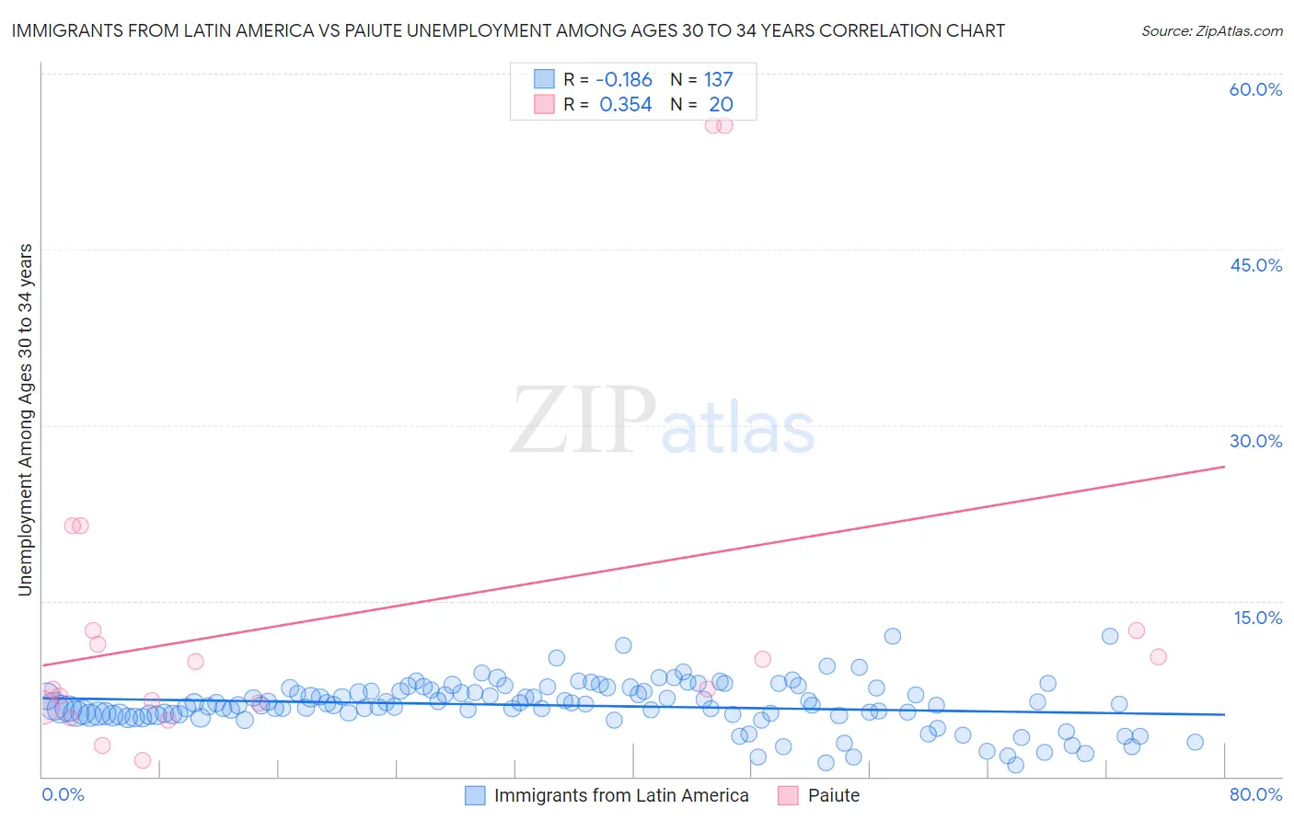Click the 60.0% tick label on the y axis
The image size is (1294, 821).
pos(1255,89)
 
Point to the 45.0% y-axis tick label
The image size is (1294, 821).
pos(1255,265)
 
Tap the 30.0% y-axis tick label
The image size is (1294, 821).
pos(1255,441)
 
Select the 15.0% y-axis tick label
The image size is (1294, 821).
pos(1257,618)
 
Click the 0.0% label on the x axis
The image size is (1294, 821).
pos(63,794)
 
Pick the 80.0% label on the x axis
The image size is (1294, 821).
pos(1255,794)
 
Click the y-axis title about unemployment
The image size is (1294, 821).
pos(25,420)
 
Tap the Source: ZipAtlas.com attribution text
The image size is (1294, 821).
pos(1211,30)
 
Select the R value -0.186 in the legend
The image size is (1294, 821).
pos(624,80)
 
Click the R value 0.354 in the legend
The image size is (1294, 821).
pos(626,105)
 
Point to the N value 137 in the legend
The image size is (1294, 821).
pos(718,80)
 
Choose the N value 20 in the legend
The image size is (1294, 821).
pos(721,105)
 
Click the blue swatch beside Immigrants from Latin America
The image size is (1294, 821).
pos(475,796)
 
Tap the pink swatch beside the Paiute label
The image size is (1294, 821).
pos(788,796)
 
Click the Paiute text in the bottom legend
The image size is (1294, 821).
pos(834,796)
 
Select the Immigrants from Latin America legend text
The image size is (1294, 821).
pos(621,796)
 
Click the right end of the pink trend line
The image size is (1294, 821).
pos(1224,467)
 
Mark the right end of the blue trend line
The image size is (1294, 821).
pos(1224,714)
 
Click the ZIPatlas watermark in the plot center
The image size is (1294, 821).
pos(663,421)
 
